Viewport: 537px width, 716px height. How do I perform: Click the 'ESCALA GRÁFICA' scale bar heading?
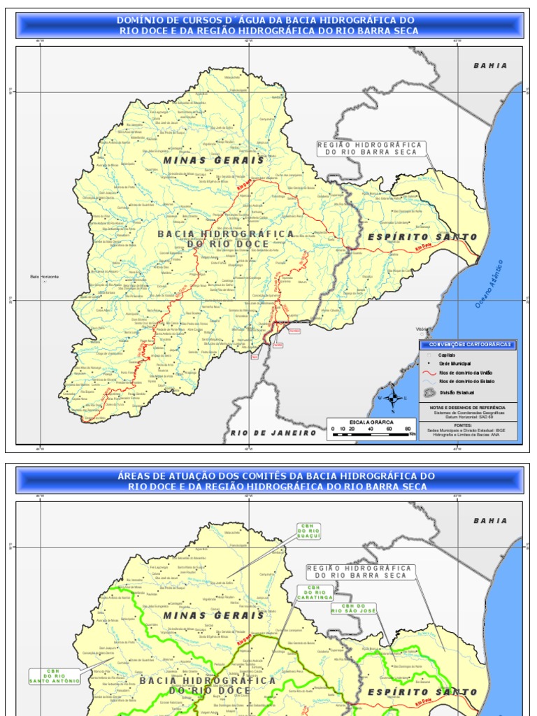371,422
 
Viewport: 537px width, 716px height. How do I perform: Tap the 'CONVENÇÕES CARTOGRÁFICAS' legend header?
468,344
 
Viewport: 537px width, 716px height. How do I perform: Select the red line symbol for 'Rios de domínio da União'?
429,373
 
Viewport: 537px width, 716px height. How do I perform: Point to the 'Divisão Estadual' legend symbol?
429,392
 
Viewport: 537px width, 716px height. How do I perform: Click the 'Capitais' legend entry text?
447,355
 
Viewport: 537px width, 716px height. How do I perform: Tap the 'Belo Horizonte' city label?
45,277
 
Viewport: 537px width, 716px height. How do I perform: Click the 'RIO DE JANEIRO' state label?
273,433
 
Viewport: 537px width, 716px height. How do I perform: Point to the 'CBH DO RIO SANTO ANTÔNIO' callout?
55,676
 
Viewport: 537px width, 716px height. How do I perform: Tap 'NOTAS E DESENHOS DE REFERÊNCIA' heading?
468,406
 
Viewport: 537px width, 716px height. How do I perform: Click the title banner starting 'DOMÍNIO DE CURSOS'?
269,25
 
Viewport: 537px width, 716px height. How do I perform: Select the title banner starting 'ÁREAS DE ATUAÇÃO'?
269,480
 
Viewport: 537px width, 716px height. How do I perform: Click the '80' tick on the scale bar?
407,429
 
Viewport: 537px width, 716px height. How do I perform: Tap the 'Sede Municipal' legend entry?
454,364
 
